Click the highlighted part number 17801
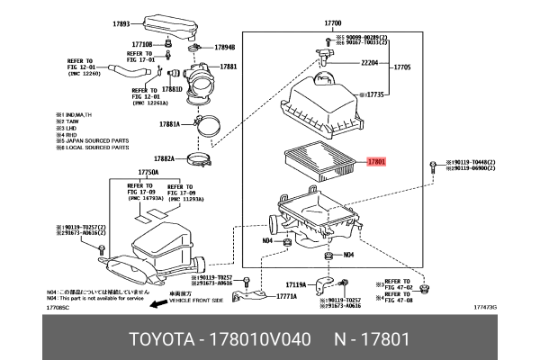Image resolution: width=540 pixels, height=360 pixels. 376,163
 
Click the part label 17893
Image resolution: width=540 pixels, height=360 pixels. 122,24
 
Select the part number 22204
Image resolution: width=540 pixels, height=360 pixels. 370,64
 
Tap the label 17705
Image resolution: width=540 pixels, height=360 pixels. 402,67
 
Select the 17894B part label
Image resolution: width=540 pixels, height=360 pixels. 224,47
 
